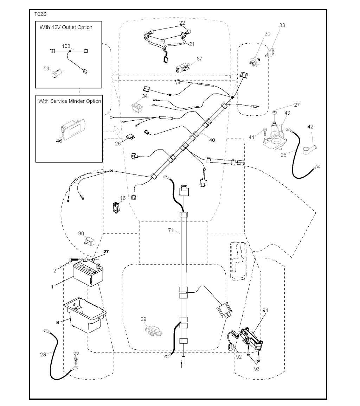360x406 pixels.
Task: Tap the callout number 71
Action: pos(171,230)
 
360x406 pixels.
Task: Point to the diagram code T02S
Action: pos(40,14)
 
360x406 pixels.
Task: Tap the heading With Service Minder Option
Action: pos(70,101)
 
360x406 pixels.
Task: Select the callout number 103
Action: pos(66,46)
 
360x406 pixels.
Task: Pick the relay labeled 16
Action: pos(116,207)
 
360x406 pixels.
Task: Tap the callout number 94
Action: pos(265,310)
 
